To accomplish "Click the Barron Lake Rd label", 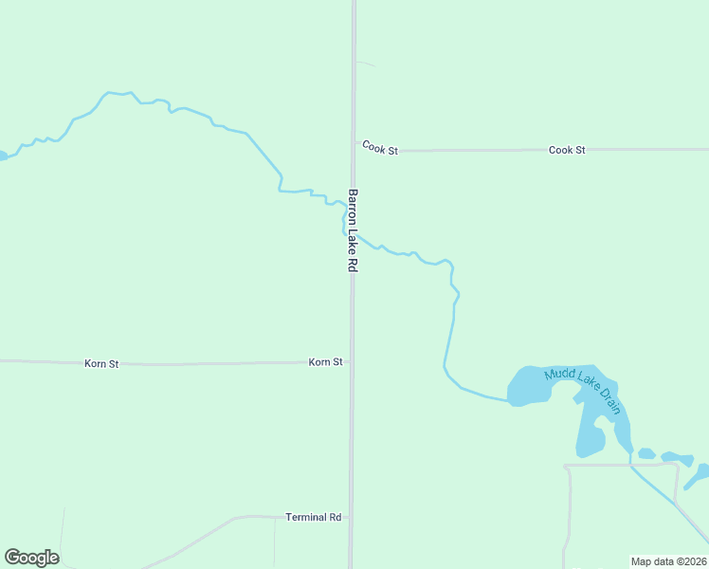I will [x=352, y=231].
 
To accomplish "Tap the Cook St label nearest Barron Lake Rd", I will [x=379, y=149].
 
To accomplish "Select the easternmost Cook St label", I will [x=567, y=150].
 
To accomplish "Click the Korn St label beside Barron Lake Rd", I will [x=325, y=362].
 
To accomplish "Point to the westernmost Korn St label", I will [x=101, y=363].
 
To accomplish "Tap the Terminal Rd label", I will [x=313, y=518].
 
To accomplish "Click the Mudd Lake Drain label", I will [x=583, y=390].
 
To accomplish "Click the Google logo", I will [x=31, y=558].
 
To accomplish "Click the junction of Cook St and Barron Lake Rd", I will [x=354, y=150].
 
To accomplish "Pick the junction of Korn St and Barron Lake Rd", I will [x=352, y=362].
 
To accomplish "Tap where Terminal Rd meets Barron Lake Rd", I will [x=351, y=518].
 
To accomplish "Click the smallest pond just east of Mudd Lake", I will [x=646, y=453].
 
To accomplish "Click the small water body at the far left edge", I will [x=3, y=155].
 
